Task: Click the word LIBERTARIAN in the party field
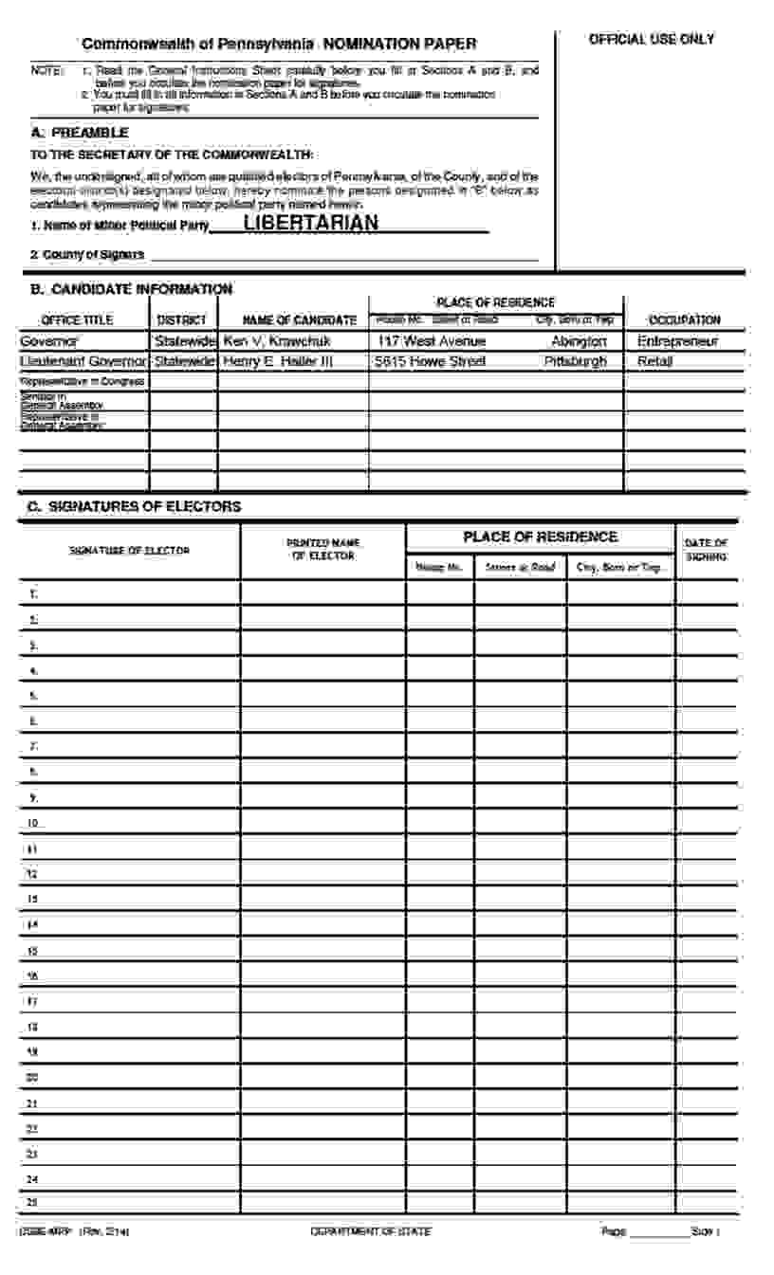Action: [311, 224]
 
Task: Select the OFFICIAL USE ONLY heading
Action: [651, 40]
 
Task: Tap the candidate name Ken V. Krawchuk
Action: [277, 341]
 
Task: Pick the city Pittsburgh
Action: [576, 361]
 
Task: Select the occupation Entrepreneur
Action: [677, 341]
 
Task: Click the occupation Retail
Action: [655, 361]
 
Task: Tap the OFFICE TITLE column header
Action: [77, 320]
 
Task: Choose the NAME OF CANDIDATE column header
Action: [300, 320]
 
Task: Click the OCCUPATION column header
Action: [684, 320]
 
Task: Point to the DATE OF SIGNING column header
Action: [706, 550]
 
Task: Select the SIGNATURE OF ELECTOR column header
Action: [129, 551]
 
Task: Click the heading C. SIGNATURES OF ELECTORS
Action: [134, 507]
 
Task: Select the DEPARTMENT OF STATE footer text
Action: [370, 1231]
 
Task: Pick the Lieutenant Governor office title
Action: [83, 361]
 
